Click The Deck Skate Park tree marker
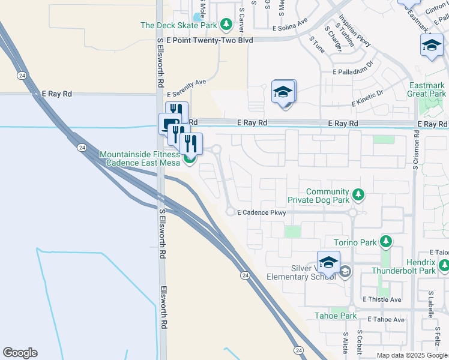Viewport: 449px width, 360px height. pyautogui.click(x=226, y=25)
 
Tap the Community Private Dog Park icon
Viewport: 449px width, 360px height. pyautogui.click(x=358, y=194)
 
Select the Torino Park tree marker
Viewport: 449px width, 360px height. pyautogui.click(x=386, y=242)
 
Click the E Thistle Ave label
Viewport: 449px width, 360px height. pyautogui.click(x=382, y=299)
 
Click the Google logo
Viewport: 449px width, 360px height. pyautogui.click(x=20, y=353)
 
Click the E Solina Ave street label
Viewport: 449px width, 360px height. pyautogui.click(x=290, y=28)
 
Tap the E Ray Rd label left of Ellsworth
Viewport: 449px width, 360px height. pyautogui.click(x=57, y=94)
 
